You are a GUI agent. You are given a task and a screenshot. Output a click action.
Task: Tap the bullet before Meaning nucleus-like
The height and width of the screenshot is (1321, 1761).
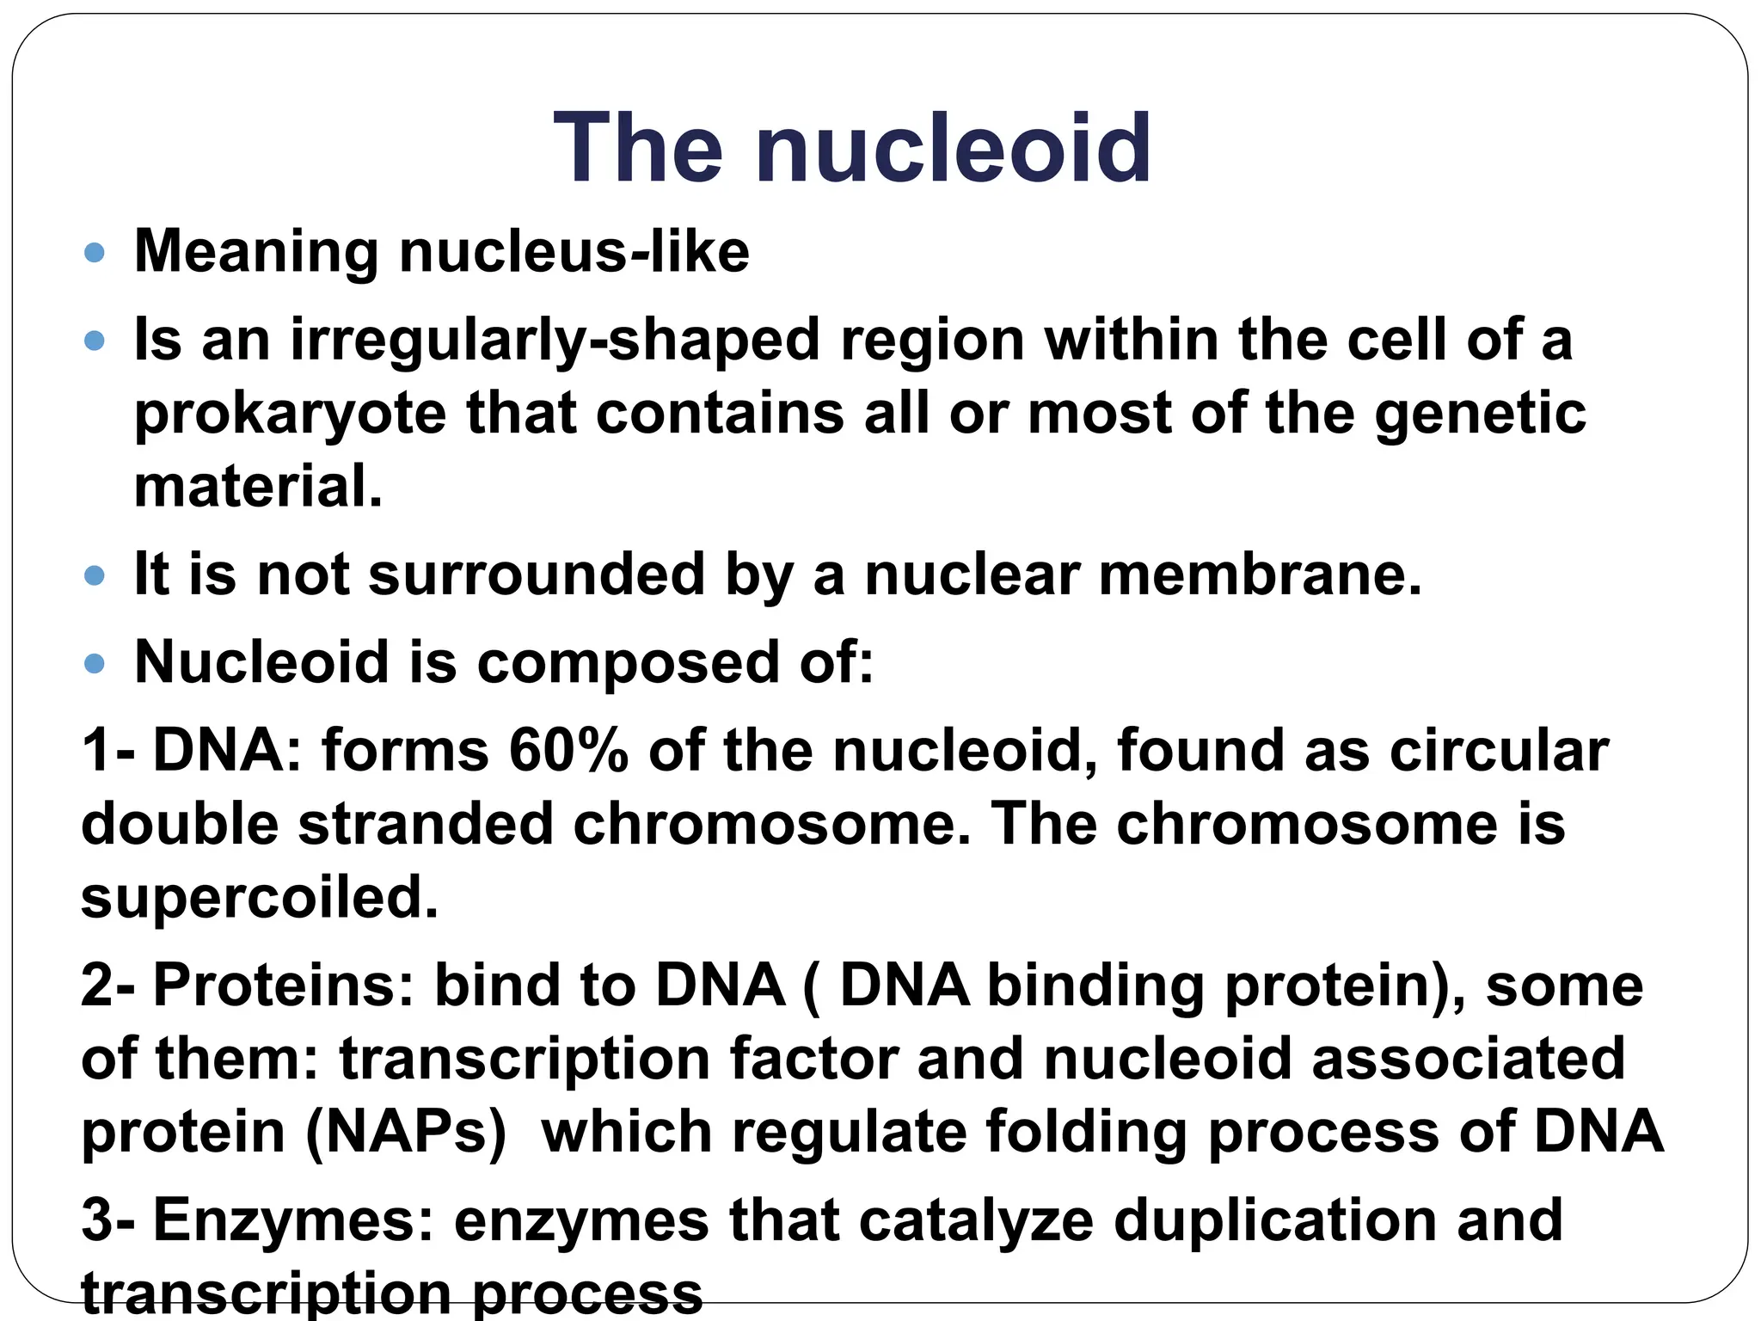pyautogui.click(x=95, y=253)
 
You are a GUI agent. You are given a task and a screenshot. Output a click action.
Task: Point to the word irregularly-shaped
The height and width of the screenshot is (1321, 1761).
pyautogui.click(x=555, y=341)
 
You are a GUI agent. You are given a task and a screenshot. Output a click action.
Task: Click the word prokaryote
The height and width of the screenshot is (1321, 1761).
pyautogui.click(x=290, y=415)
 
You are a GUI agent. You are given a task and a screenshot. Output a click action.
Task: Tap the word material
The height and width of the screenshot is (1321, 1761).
pyautogui.click(x=258, y=487)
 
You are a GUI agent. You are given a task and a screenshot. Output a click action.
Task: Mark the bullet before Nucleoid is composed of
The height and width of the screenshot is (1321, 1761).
pyautogui.click(x=95, y=663)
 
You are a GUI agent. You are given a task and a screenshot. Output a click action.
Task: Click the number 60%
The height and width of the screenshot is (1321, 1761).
pyautogui.click(x=568, y=751)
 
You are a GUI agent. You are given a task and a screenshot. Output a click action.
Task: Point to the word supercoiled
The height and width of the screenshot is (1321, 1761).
pyautogui.click(x=259, y=899)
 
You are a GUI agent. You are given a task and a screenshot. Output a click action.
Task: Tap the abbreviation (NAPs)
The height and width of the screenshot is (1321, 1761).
pyautogui.click(x=406, y=1132)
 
